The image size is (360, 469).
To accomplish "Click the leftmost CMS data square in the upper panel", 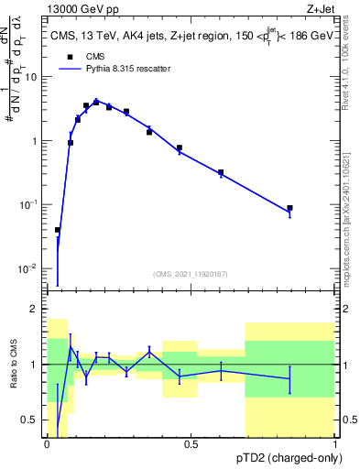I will coord(58,230).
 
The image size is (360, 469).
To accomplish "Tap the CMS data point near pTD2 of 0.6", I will coord(221,172).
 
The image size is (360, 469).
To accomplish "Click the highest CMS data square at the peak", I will coord(96,102).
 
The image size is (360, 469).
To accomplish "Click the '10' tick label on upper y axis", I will coord(31,77).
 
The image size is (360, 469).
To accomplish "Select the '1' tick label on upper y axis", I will coord(35,141).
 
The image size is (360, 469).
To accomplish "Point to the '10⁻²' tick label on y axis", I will coord(29,268).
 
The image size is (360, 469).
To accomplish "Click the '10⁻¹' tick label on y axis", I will coord(29,204).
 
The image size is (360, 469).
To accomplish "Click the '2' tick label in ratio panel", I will coord(35,310).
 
